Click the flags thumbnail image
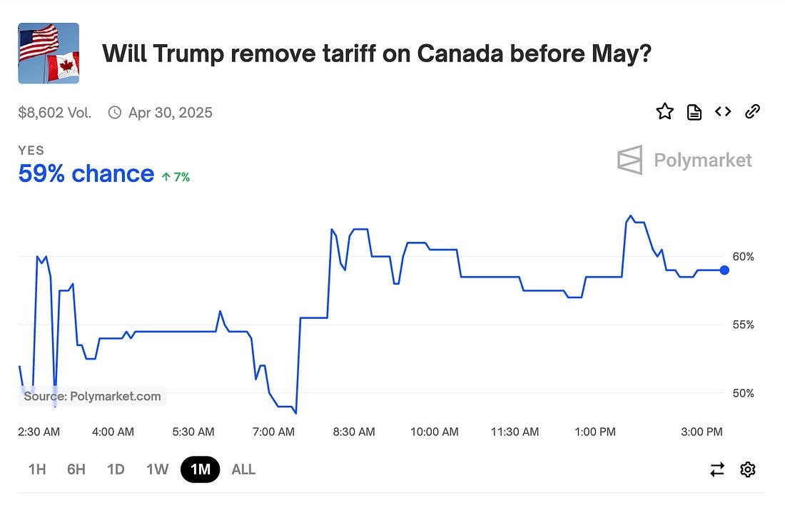(49, 54)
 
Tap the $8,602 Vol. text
(54, 113)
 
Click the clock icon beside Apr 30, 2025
(115, 113)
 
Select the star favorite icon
(664, 111)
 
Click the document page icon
(694, 111)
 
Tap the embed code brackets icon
(723, 111)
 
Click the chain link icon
(752, 111)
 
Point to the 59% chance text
(86, 174)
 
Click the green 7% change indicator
(176, 177)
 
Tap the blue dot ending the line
(725, 270)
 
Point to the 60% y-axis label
(743, 257)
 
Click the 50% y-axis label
(743, 393)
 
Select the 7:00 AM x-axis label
(274, 432)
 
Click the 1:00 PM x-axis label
(595, 432)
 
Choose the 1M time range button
(201, 469)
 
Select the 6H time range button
(76, 469)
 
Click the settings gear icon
(748, 469)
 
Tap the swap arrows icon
(717, 469)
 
